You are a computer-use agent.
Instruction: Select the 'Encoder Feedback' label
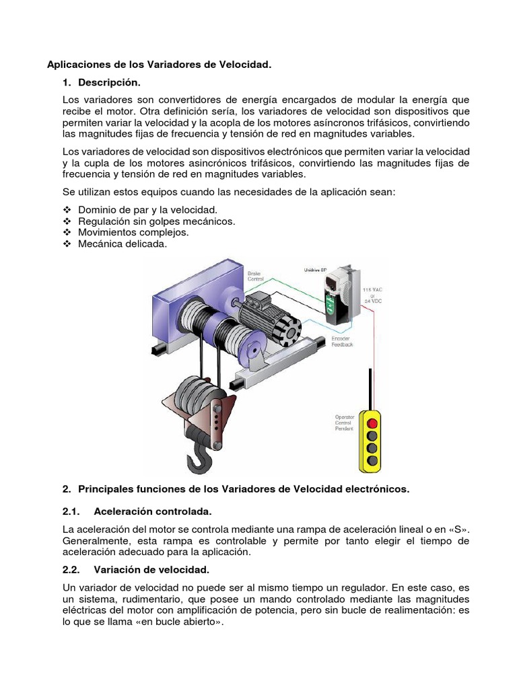342,340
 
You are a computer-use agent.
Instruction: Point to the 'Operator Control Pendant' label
345,423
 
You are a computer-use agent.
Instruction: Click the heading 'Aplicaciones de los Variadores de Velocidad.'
159,65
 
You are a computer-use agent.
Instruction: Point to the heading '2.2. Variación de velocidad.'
131,570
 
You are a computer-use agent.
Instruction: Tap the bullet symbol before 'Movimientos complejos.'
67,233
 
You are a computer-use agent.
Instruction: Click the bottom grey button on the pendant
372,460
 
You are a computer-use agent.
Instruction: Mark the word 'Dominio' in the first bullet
96,209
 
